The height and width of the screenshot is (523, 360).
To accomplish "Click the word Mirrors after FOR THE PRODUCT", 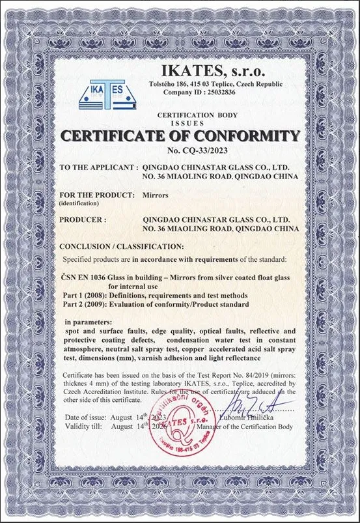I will [156, 195].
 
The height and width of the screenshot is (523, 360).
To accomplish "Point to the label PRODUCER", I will [82, 220].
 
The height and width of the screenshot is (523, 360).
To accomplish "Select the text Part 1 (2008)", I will [83, 295].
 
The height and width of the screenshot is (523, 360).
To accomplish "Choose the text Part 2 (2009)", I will [83, 304].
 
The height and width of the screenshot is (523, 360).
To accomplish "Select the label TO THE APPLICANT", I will [98, 167].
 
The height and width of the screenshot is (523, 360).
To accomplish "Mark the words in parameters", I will [89, 322].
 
